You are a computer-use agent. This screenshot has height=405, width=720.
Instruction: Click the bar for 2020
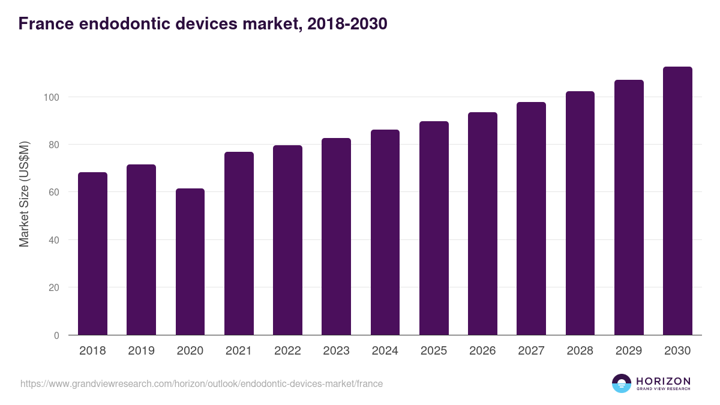[x=190, y=262]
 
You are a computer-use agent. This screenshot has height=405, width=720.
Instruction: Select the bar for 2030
[x=677, y=201]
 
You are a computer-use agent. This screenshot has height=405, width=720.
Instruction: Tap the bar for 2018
[x=92, y=254]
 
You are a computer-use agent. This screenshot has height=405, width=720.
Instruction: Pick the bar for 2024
[x=385, y=232]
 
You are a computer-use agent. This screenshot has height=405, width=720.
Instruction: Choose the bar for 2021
[x=239, y=244]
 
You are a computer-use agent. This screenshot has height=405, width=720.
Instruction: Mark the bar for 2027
[x=531, y=218]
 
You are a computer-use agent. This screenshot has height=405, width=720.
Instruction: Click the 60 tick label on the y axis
[x=55, y=192]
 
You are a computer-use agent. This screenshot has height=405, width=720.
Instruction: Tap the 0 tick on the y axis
[x=57, y=335]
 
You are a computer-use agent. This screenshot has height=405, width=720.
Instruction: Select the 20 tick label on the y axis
[x=55, y=287]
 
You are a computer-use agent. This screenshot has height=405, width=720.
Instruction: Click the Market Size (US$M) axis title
[x=24, y=193]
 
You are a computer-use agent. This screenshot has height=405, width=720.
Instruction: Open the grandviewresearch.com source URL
[x=202, y=383]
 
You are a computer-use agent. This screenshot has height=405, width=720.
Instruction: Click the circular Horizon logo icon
[x=622, y=383]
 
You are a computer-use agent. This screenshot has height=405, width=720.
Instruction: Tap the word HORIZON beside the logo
[x=663, y=381]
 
